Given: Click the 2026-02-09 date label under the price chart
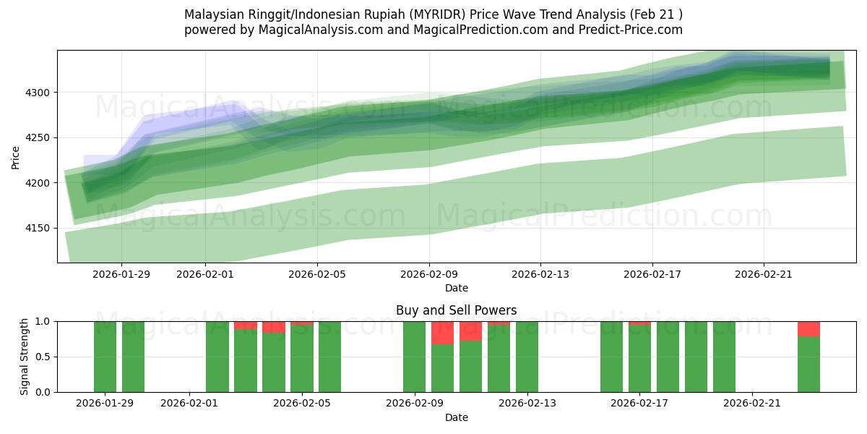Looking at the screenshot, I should pyautogui.click(x=429, y=274).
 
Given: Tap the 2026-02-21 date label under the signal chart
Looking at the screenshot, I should pyautogui.click(x=752, y=404).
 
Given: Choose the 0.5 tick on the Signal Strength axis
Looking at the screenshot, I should pyautogui.click(x=43, y=357).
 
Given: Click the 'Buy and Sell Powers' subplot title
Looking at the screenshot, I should pyautogui.click(x=456, y=310).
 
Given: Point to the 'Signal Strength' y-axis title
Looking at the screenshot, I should pyautogui.click(x=24, y=357).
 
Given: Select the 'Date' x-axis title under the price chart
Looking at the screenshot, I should pyautogui.click(x=456, y=288).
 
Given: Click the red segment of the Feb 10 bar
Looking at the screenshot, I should pyautogui.click(x=442, y=333).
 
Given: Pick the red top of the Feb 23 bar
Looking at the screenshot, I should pyautogui.click(x=808, y=329).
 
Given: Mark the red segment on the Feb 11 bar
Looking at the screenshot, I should pyautogui.click(x=470, y=331).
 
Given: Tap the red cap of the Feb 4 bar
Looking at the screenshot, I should pyautogui.click(x=274, y=327).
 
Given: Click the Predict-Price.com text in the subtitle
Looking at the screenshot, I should pyautogui.click(x=633, y=30).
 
